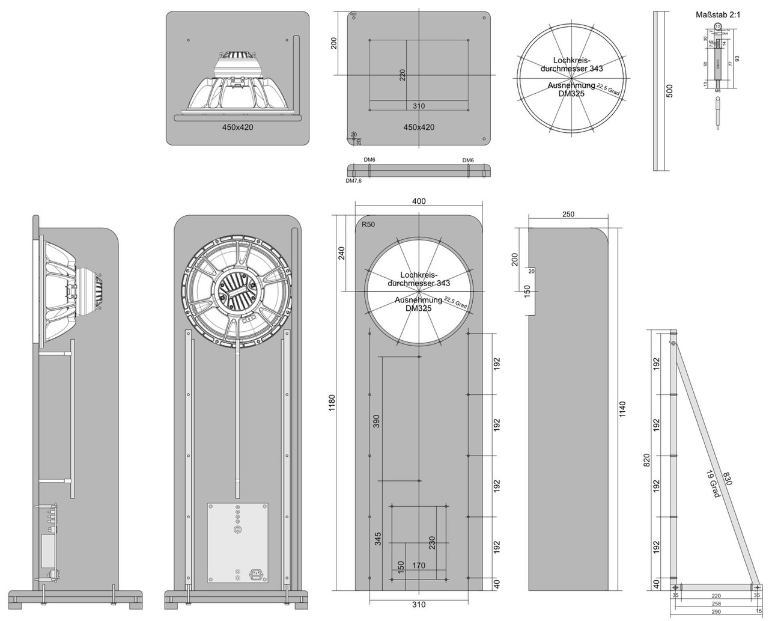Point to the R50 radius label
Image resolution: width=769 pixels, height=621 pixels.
368,224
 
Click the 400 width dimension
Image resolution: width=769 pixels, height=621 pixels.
419,201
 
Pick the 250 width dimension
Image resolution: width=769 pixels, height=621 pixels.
568,214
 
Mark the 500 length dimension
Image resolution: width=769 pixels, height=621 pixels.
670,90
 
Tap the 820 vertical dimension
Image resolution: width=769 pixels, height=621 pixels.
646,460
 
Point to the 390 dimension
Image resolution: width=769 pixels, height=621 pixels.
377,421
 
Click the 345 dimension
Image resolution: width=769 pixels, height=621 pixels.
377,538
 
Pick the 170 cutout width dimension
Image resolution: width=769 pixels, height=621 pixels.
419,565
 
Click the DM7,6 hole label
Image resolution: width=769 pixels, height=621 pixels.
353,180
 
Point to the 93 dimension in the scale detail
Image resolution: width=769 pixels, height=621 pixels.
737,58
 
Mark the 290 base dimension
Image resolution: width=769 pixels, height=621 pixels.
714,611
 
